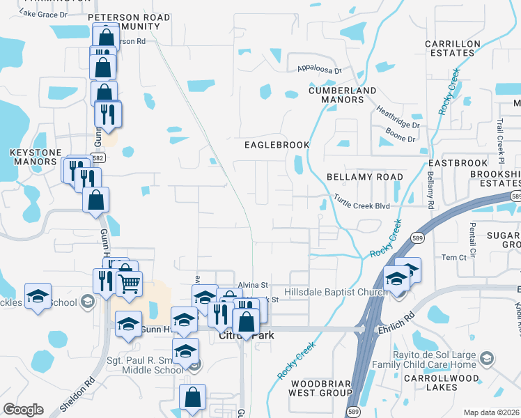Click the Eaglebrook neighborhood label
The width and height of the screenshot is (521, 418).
277,145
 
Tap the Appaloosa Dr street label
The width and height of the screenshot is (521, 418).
320,70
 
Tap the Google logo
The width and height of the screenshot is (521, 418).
23,410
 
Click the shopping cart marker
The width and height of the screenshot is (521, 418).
129,284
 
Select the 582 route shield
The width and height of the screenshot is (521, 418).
98,158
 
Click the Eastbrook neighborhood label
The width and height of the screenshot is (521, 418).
453,162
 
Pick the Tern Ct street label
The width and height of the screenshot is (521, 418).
453,258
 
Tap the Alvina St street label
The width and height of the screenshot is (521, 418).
253,285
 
